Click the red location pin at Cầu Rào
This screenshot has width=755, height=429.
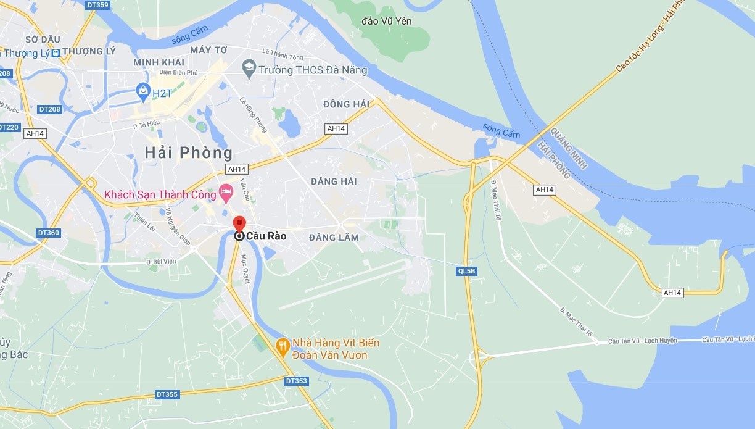tap(239, 223)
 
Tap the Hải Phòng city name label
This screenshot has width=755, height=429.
tap(188, 152)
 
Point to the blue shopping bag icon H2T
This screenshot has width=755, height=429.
tap(144, 91)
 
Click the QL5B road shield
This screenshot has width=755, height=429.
tap(467, 271)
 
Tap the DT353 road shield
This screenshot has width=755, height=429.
tap(297, 381)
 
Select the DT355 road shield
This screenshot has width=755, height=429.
tap(167, 394)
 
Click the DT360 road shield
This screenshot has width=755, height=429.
tap(49, 233)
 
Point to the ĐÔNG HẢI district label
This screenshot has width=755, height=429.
tap(346, 104)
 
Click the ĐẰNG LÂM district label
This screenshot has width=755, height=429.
tap(334, 238)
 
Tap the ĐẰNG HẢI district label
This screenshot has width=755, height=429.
tap(334, 181)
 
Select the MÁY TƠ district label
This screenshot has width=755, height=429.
tap(209, 49)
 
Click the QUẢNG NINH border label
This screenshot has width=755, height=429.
tap(569, 149)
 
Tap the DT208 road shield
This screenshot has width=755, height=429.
tap(49, 109)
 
